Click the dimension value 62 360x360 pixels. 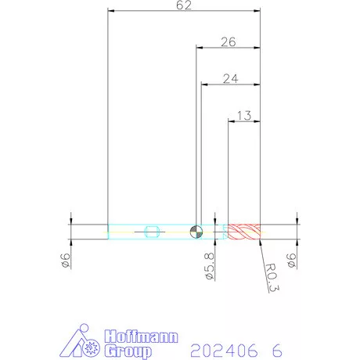pos(184,5)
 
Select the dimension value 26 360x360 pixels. pos(229,42)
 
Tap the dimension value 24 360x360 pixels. pos(230,79)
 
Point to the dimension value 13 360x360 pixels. pos(244,116)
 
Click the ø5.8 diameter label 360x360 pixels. pos(210,266)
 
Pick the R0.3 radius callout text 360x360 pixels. pos(272,278)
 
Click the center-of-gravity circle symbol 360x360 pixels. pos(196,232)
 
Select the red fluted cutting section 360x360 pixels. pos(244,232)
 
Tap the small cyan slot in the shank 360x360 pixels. pos(152,232)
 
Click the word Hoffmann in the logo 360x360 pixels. pos(142,337)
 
